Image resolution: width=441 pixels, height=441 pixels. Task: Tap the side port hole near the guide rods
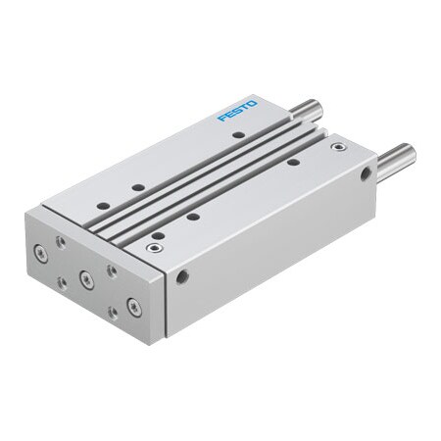pyautogui.click(x=366, y=175)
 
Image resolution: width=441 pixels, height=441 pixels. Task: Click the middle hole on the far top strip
pyautogui.click(x=138, y=187)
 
